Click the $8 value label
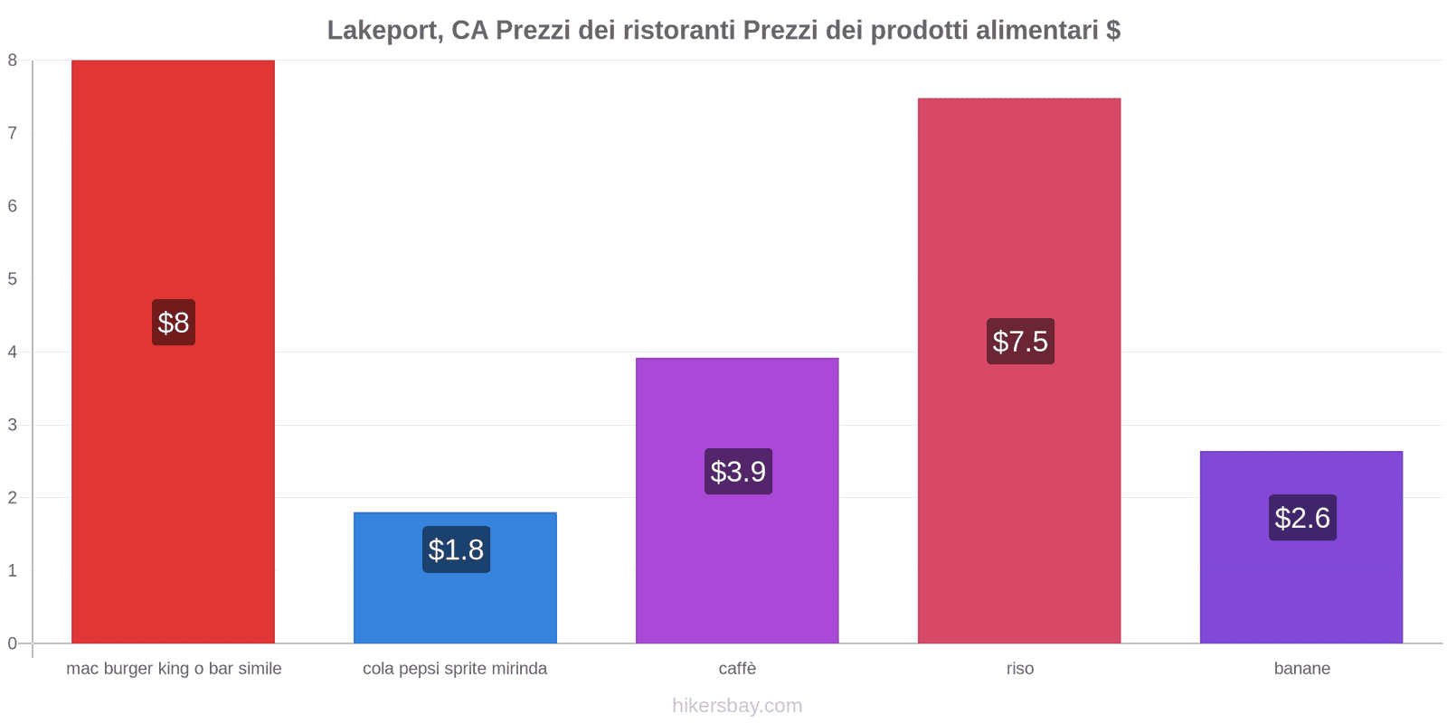coord(174,323)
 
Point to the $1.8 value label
coord(456,549)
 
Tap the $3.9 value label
coord(738,472)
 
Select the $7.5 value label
coord(1020,342)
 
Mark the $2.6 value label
coord(1302,518)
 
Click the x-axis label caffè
coord(737,669)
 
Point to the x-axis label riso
coord(1020,669)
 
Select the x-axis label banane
coord(1301,669)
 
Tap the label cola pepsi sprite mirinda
coord(455,669)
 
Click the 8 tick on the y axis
coord(13,61)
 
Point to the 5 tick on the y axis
coord(13,279)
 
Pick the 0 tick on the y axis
coord(13,643)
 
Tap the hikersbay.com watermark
coord(737,706)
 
